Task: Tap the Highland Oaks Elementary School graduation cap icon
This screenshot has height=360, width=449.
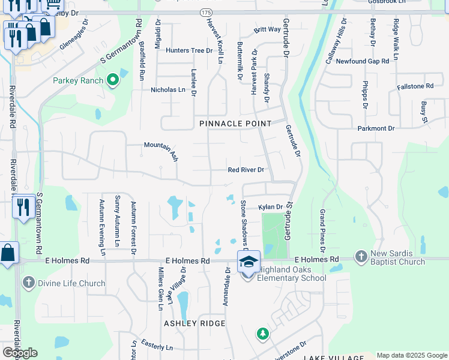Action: tap(249, 261)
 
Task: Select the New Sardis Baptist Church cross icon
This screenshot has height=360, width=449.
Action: tap(361, 256)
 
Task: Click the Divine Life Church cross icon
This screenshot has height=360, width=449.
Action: tap(28, 283)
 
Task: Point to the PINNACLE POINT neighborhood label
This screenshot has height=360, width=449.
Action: tap(236, 123)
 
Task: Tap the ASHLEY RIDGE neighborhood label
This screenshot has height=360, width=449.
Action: tap(195, 323)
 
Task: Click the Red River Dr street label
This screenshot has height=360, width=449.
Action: tap(246, 170)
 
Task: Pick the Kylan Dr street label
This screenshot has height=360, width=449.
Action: tap(271, 207)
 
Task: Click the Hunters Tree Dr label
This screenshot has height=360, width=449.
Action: tap(190, 50)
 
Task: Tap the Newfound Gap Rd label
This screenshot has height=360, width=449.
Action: tap(363, 61)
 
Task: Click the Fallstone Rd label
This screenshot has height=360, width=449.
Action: tap(415, 86)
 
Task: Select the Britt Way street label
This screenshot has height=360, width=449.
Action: tap(267, 29)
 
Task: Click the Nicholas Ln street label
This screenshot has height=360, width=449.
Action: tap(168, 89)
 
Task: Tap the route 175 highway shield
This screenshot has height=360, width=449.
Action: tap(206, 12)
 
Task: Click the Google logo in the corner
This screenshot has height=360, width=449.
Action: tap(20, 352)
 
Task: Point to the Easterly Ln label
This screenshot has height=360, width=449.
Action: tap(157, 347)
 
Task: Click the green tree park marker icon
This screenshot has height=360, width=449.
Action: tap(262, 334)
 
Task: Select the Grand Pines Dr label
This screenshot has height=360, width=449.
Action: tap(322, 231)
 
